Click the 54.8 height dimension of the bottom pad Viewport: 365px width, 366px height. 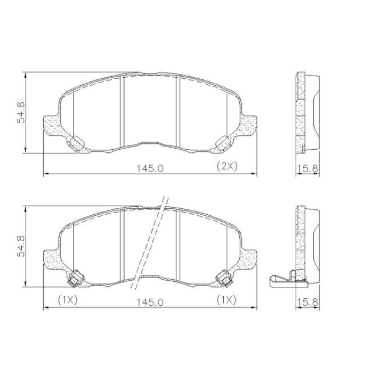pyautogui.click(x=21, y=246)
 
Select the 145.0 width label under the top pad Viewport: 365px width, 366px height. pyautogui.click(x=150, y=168)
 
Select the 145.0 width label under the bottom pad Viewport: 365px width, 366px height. pyautogui.click(x=150, y=303)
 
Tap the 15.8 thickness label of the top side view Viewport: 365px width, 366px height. pyautogui.click(x=307, y=168)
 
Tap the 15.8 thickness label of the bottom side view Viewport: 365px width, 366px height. pyautogui.click(x=307, y=302)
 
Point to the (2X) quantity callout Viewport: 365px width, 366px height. pyautogui.click(x=227, y=166)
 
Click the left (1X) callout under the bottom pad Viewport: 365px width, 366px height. pyautogui.click(x=68, y=300)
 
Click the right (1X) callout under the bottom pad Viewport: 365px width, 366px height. pyautogui.click(x=226, y=299)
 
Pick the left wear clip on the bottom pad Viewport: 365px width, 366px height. pyautogui.click(x=76, y=278)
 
